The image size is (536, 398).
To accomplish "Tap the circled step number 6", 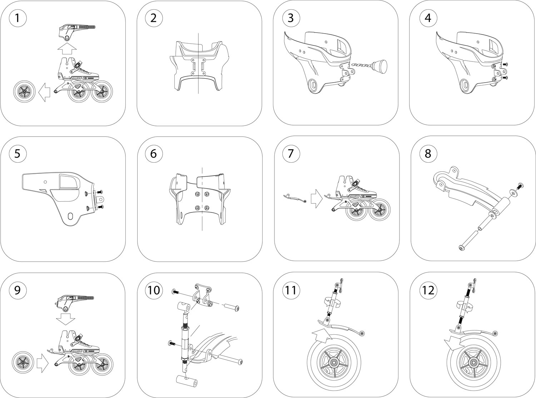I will [153, 154].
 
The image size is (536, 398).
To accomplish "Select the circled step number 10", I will [153, 290].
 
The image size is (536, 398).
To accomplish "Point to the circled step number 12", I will [428, 290].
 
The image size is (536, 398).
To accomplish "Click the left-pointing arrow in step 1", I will [44, 91].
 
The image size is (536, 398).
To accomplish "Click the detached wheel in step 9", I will [22, 362].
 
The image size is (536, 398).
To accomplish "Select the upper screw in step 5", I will [100, 192].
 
